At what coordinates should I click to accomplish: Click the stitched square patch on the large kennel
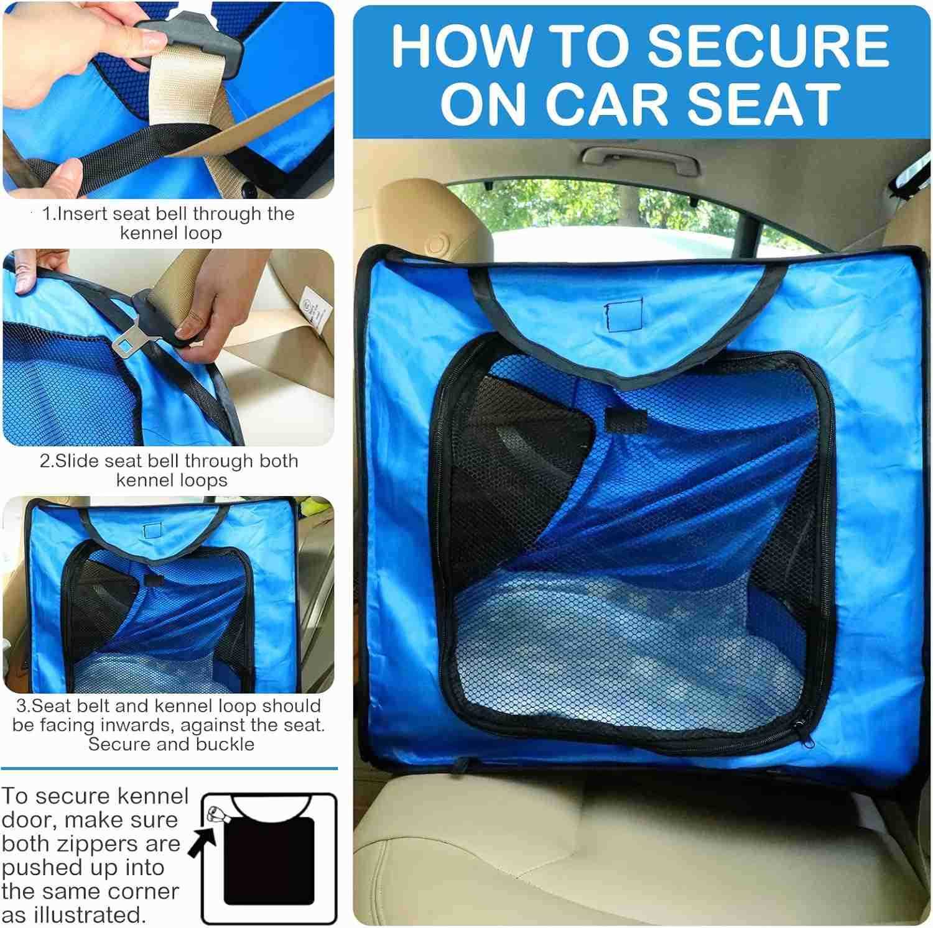click(x=623, y=316)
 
